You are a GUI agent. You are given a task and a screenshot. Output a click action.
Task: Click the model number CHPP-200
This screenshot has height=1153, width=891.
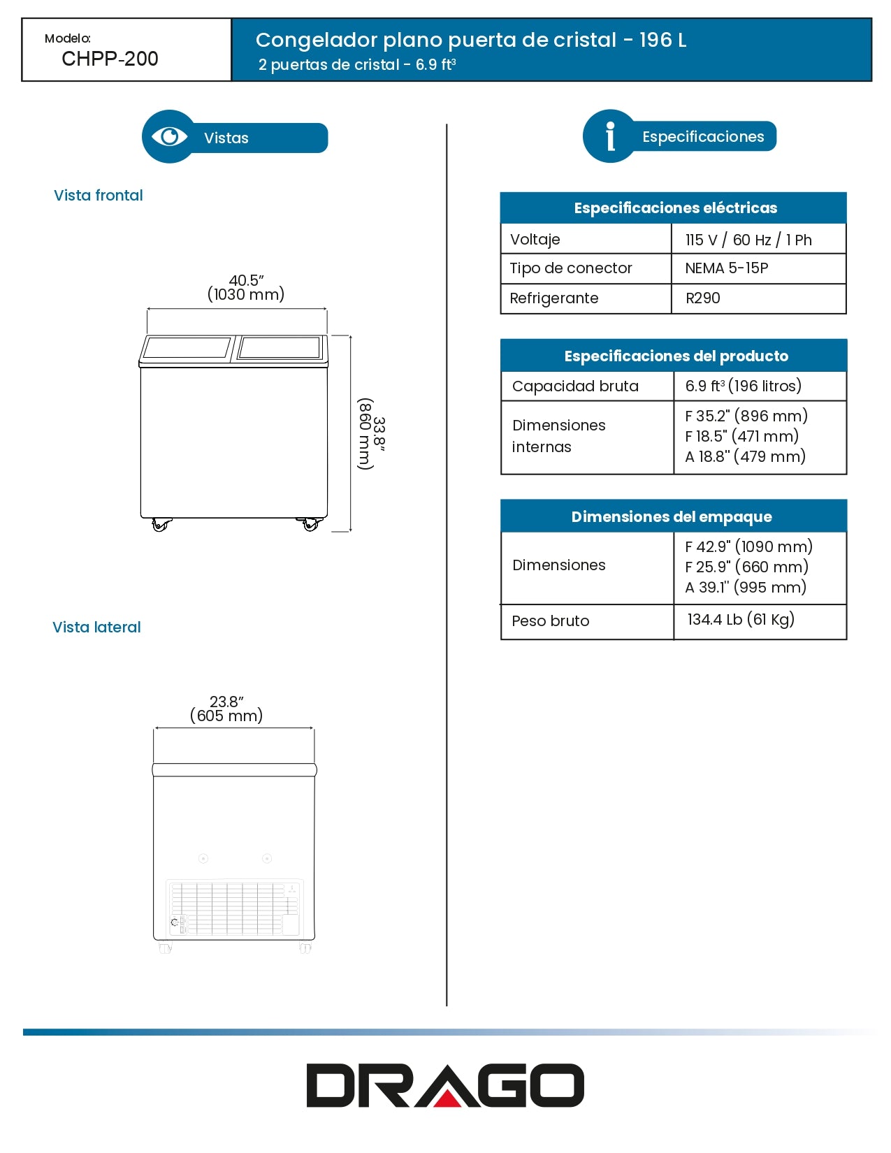pyautogui.click(x=110, y=59)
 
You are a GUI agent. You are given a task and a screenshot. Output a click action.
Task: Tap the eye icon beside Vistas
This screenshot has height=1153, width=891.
pyautogui.click(x=169, y=136)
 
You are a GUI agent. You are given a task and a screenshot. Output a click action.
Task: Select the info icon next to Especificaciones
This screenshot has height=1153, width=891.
pyautogui.click(x=610, y=136)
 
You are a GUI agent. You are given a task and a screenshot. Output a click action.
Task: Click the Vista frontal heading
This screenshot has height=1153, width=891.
pyautogui.click(x=99, y=196)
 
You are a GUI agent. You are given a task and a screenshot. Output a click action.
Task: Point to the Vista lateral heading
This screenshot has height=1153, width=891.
pyautogui.click(x=96, y=628)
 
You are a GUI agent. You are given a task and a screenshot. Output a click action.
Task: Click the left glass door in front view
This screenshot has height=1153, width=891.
pyautogui.click(x=187, y=348)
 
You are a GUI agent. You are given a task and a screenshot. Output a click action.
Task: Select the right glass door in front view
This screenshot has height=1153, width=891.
pyautogui.click(x=280, y=348)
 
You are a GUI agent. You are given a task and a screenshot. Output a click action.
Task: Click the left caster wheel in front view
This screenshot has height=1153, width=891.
pyautogui.click(x=161, y=525)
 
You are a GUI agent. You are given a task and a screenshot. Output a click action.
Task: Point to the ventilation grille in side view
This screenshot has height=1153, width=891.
pyautogui.click(x=234, y=908)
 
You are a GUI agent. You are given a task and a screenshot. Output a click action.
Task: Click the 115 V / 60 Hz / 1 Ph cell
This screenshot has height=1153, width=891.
pyautogui.click(x=748, y=240)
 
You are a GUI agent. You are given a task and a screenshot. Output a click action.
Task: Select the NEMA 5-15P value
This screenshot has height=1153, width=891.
pyautogui.click(x=727, y=268)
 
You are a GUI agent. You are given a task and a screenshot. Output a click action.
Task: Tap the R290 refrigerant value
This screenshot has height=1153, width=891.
pyautogui.click(x=702, y=298)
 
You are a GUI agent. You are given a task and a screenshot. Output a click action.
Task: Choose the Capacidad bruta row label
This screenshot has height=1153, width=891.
pyautogui.click(x=575, y=386)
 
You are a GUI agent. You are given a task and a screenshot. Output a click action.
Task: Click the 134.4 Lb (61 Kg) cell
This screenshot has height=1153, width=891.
pyautogui.click(x=741, y=620)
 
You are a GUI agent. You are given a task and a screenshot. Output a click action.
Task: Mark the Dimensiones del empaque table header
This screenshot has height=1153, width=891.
pyautogui.click(x=672, y=516)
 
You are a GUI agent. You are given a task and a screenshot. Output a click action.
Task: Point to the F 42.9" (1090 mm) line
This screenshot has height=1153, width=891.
pyautogui.click(x=748, y=546)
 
